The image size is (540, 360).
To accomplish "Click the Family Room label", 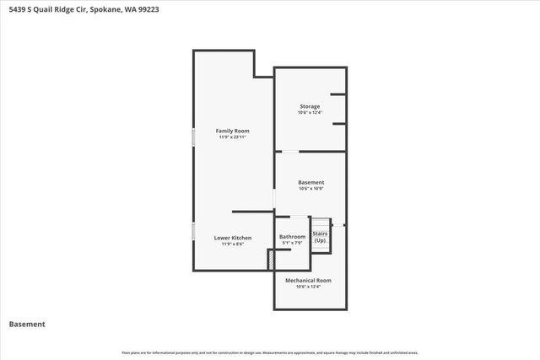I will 232,131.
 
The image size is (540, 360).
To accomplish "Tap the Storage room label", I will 310,106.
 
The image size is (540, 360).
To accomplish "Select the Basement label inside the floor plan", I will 311,182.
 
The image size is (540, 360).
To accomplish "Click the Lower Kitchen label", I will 232,238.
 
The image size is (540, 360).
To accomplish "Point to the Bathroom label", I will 292,237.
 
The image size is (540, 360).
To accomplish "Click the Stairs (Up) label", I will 320,237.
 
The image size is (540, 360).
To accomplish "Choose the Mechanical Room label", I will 308,280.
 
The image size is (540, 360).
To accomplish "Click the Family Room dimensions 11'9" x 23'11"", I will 232,137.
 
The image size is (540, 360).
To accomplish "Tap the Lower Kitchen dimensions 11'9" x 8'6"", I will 232,244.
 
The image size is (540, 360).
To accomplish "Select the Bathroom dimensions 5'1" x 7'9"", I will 292,244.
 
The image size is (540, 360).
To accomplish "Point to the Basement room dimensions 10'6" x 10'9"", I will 311,189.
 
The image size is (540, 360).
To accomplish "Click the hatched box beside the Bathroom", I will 272,261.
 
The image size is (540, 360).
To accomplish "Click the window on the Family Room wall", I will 193,137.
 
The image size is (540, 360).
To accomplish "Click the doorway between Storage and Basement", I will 289,152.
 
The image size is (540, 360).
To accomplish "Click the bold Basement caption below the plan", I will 27,324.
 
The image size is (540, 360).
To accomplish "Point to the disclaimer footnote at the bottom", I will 270,352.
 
